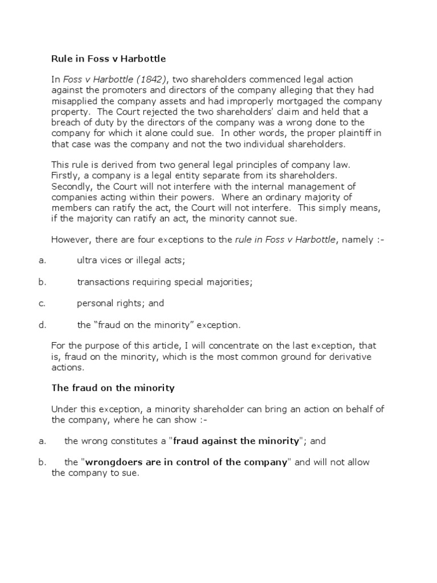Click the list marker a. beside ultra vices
(x=42, y=261)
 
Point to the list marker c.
(x=42, y=303)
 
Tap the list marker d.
(x=42, y=325)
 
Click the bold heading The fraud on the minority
(x=113, y=388)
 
